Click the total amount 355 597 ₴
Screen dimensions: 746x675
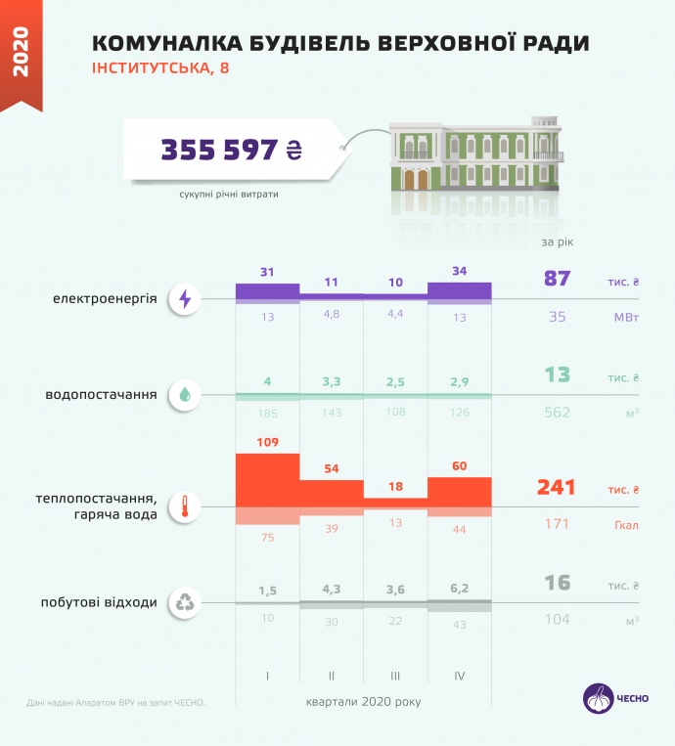click(232, 150)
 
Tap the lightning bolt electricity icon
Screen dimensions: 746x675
click(184, 300)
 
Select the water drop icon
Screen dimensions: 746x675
click(184, 395)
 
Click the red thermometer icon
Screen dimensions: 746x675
click(184, 506)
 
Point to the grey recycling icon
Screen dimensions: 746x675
click(184, 602)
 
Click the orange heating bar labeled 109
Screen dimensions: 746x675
click(267, 480)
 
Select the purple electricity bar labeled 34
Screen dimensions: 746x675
click(460, 290)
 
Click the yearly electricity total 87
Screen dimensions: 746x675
click(557, 279)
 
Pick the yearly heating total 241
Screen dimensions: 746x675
click(557, 487)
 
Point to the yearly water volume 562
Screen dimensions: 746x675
click(557, 413)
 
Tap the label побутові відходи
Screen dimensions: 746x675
click(100, 602)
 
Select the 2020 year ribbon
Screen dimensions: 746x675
click(21, 54)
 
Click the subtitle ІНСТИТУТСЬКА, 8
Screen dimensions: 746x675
click(161, 68)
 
